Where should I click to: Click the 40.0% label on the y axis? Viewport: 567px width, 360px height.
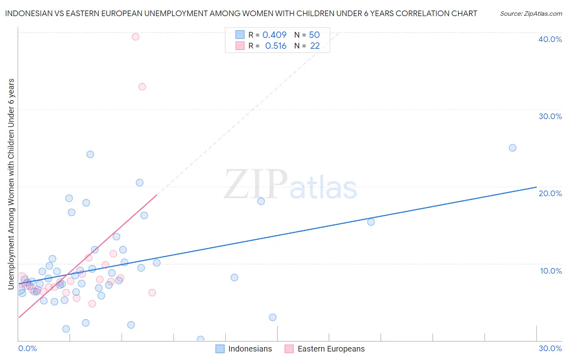point(550,39)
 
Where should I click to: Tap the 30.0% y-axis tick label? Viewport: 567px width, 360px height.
point(550,116)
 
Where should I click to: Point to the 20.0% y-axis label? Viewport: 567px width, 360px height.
point(550,193)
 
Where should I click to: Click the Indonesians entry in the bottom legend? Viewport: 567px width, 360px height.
point(250,349)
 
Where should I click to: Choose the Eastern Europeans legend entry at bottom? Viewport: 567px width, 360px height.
point(331,349)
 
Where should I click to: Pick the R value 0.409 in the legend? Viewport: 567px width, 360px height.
point(274,35)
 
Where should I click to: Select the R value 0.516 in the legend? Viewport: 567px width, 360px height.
point(276,46)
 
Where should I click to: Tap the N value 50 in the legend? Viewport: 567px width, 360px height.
point(314,35)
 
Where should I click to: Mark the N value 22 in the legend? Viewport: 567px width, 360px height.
point(315,46)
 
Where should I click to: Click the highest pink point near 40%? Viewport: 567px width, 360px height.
point(135,37)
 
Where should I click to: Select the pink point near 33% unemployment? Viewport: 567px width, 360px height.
point(142,87)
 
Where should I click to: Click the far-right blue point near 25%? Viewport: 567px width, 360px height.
point(513,148)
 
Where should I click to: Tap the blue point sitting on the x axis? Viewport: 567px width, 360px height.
point(200,339)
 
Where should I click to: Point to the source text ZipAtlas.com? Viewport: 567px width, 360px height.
point(531,14)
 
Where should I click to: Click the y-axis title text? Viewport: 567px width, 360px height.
point(11,184)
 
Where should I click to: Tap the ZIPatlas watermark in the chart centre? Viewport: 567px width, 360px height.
point(290,185)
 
